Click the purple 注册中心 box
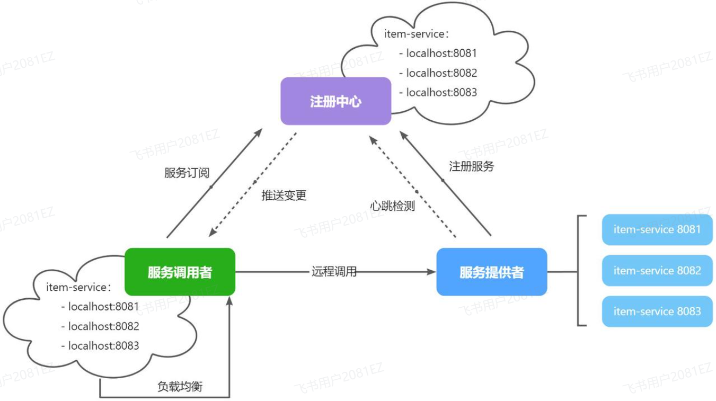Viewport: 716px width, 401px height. coord(335,101)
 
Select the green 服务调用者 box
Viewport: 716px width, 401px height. coord(180,272)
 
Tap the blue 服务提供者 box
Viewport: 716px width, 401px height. coord(491,272)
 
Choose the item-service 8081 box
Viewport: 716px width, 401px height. coord(657,229)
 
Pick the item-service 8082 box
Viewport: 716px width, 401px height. coord(657,271)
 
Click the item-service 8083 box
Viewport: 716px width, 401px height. coord(657,311)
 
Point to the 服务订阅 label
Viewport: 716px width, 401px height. coord(187,173)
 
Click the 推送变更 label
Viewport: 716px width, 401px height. coord(284,195)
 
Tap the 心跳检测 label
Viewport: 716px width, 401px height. coord(392,206)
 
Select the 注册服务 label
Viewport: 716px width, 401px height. coord(471,166)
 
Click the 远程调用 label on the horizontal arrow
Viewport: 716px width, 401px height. coord(334,272)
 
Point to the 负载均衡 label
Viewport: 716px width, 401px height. coord(180,386)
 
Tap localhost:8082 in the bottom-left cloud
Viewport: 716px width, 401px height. coord(103,326)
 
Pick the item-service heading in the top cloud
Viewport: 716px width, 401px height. coord(417,34)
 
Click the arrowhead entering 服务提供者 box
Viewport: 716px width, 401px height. coord(431,272)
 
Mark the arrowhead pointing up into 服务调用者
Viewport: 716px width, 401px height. coord(229,300)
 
